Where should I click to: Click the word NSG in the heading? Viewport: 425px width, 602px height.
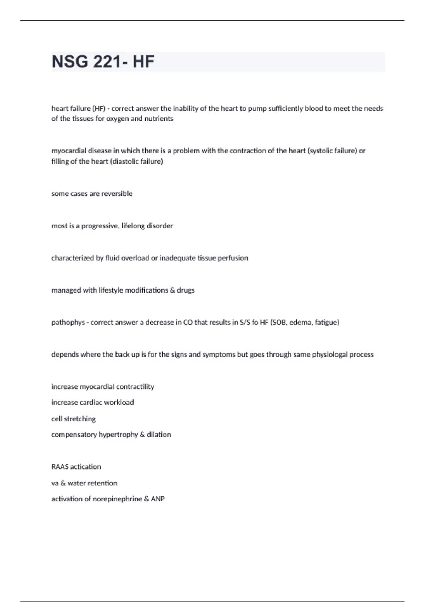70,62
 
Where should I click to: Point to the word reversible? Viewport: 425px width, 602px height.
117,194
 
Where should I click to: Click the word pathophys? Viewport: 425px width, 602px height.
68,323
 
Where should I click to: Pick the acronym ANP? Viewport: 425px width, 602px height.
158,499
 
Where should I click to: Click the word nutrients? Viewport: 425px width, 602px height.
159,119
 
